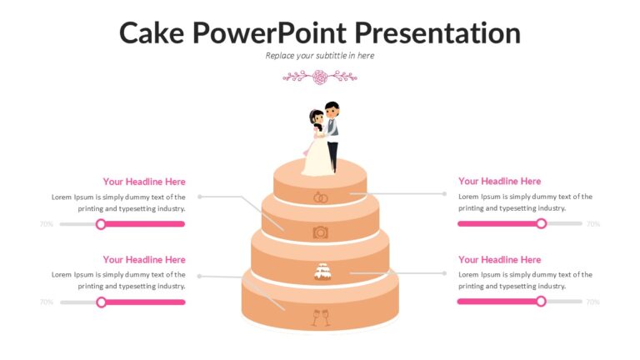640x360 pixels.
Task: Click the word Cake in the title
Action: [x=152, y=32]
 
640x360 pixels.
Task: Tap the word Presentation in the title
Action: [x=437, y=32]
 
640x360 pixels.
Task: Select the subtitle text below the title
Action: [x=320, y=56]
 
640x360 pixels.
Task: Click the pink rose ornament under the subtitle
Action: [x=320, y=77]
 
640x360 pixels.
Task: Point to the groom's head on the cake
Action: [x=332, y=109]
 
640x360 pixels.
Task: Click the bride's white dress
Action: [x=317, y=157]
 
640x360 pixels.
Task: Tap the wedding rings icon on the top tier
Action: [x=320, y=197]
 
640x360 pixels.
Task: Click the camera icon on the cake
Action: [x=320, y=232]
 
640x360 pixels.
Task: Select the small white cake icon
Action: [x=322, y=272]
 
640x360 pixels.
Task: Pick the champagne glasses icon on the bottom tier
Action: [x=321, y=317]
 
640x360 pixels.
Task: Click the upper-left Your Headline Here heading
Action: [x=144, y=182]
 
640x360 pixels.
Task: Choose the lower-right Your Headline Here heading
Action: [x=500, y=260]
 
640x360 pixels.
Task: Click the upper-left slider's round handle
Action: [x=101, y=224]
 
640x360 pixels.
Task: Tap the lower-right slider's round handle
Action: [x=541, y=302]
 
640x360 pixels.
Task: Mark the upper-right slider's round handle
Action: [x=541, y=223]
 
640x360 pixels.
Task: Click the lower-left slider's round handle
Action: [x=101, y=302]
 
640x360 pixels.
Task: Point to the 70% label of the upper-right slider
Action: [x=593, y=223]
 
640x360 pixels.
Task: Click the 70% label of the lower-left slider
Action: [x=47, y=302]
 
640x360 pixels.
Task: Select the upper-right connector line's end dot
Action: [x=444, y=194]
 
